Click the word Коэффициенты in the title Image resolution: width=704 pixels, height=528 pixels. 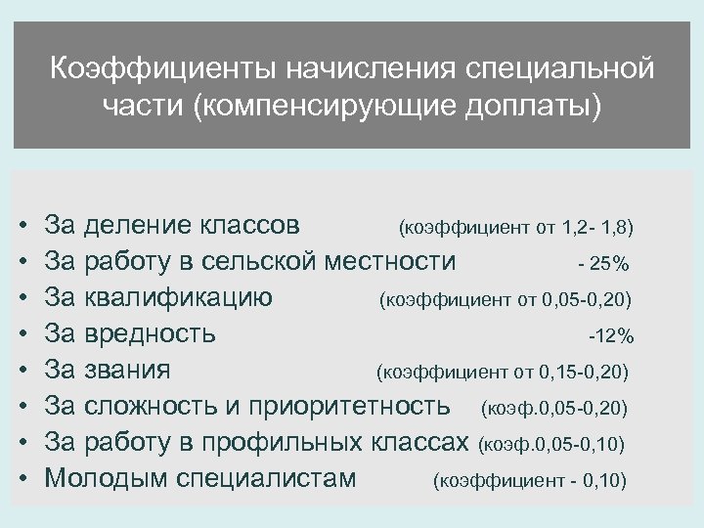[151, 70]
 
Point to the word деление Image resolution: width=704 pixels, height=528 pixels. [138, 227]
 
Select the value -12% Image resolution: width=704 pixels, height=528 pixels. [611, 336]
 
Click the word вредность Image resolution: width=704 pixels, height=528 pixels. [151, 334]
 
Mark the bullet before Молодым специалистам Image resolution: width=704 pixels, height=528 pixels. [22, 480]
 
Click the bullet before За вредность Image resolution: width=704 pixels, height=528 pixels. [22, 335]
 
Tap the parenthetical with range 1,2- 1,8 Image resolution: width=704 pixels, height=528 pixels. [515, 229]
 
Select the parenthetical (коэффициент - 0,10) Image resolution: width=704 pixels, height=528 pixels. [529, 481]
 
